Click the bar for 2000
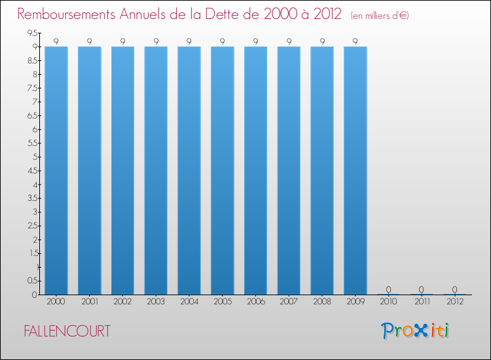[56, 170]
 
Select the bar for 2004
[189, 170]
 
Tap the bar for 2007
[289, 170]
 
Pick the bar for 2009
[355, 170]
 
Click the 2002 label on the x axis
[122, 302]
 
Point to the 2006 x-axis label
[255, 302]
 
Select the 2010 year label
[388, 302]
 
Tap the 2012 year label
[454, 302]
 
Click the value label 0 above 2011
[422, 289]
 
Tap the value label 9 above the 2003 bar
[156, 41]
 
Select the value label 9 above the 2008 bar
[322, 41]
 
